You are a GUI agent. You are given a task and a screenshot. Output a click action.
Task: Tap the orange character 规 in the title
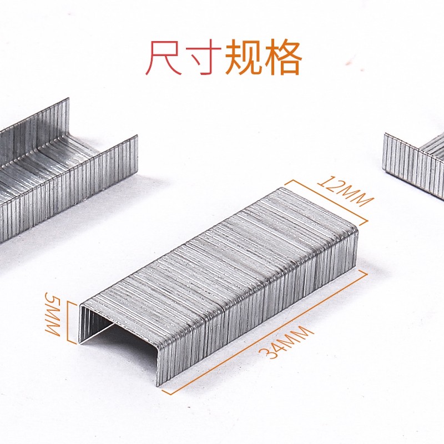(x=243, y=58)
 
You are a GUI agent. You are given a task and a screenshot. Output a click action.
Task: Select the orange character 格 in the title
(x=282, y=58)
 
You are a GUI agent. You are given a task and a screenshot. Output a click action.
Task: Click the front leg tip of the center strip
(x=158, y=377)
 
